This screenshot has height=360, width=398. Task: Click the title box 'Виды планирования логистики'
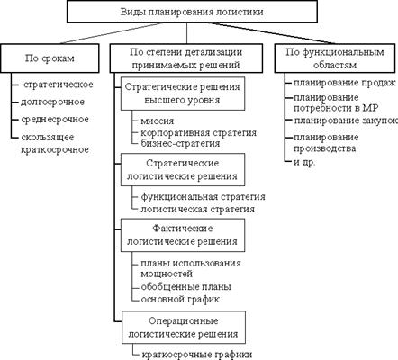pos(192,12)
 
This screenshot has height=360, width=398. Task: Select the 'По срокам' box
pos(50,58)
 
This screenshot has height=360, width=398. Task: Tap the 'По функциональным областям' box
pos(335,58)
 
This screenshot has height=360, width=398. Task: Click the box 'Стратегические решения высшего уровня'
pos(183,94)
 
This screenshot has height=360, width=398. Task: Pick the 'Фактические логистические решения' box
pos(183,235)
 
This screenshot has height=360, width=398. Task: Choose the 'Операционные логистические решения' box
pos(184,328)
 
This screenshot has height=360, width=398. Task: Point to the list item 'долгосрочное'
pos(52,103)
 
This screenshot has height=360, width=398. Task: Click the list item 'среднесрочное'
pos(55,120)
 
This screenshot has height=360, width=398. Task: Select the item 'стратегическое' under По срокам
pos(59,85)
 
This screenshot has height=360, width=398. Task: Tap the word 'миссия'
pos(158,121)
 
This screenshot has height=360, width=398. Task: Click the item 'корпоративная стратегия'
pos(199,132)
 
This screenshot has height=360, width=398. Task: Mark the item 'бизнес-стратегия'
pos(180,143)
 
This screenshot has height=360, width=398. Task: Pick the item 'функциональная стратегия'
pos(204,197)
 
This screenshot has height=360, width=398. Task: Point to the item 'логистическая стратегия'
pos(198,209)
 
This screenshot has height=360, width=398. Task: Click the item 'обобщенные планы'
pos(186,286)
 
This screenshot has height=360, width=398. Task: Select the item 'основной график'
pos(180,299)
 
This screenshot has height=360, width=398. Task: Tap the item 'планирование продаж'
pos(345,83)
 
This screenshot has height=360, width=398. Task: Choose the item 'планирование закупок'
pos(346,121)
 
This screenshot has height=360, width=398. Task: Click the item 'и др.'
pos(304,162)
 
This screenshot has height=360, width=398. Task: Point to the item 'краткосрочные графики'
pos(197,355)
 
